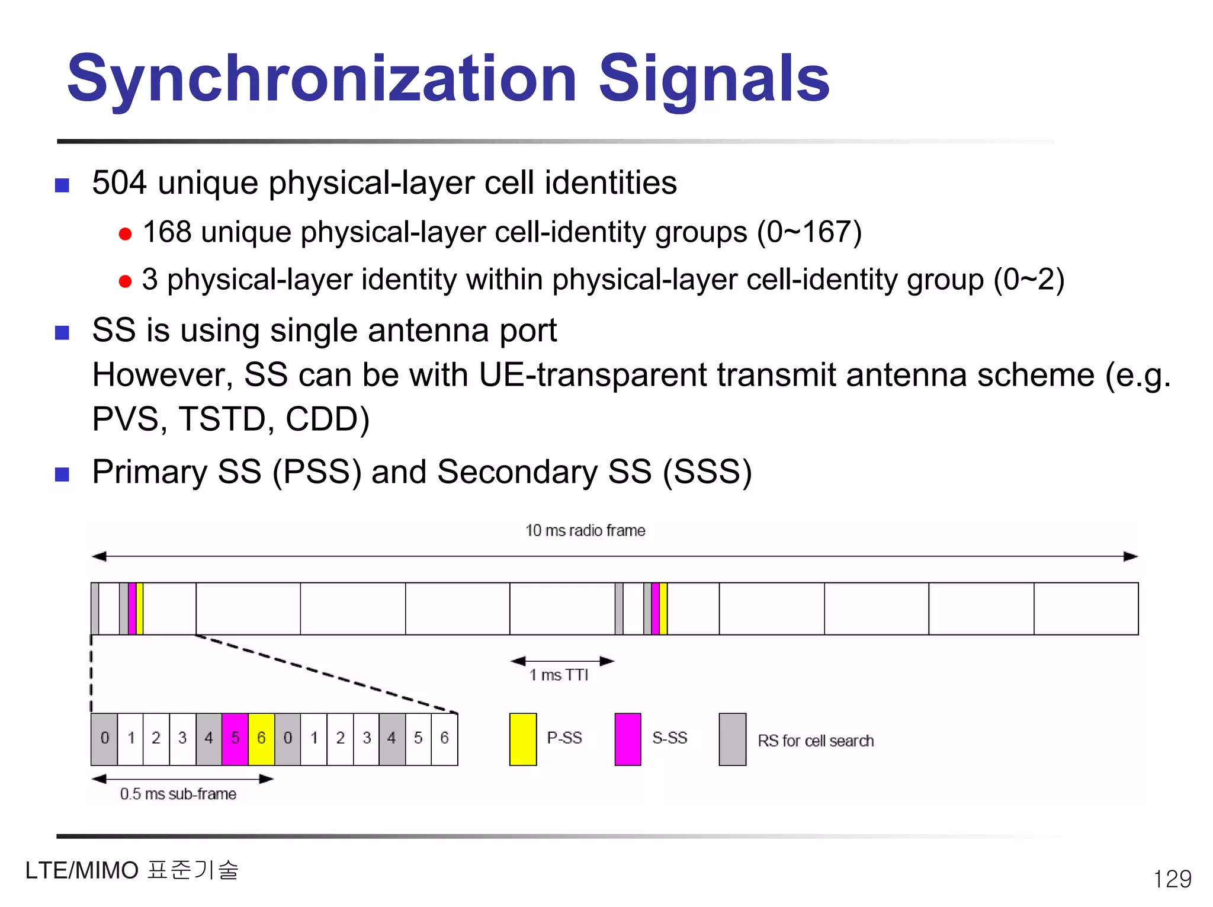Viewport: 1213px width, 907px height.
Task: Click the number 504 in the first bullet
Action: pyautogui.click(x=119, y=182)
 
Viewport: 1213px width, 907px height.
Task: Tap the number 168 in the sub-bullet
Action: pyautogui.click(x=167, y=232)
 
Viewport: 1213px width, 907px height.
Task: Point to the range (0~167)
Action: pyautogui.click(x=809, y=232)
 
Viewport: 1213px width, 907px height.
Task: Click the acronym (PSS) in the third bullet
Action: pyautogui.click(x=317, y=472)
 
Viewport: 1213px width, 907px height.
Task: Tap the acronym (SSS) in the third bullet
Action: pyautogui.click(x=707, y=472)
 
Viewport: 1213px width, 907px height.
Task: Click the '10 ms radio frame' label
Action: pyautogui.click(x=585, y=530)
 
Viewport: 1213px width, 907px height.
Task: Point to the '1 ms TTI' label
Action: pyautogui.click(x=559, y=675)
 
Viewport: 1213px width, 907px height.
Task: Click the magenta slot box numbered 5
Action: pyautogui.click(x=235, y=739)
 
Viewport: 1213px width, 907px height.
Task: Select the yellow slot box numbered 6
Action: pyautogui.click(x=261, y=739)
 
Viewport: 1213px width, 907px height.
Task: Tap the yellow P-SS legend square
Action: pyautogui.click(x=523, y=739)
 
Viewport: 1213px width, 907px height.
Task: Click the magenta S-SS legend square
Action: pyautogui.click(x=628, y=739)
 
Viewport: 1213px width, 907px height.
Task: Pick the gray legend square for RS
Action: pyautogui.click(x=733, y=739)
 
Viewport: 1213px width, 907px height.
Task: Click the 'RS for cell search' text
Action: pyautogui.click(x=816, y=741)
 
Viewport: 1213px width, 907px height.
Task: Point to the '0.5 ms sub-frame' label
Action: pyautogui.click(x=178, y=794)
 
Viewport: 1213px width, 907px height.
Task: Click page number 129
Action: pyautogui.click(x=1172, y=879)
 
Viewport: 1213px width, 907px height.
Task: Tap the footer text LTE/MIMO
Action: pyautogui.click(x=82, y=871)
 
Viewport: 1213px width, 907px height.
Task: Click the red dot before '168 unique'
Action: pyautogui.click(x=125, y=234)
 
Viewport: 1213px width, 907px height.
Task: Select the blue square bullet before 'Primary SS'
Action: pyautogui.click(x=62, y=474)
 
